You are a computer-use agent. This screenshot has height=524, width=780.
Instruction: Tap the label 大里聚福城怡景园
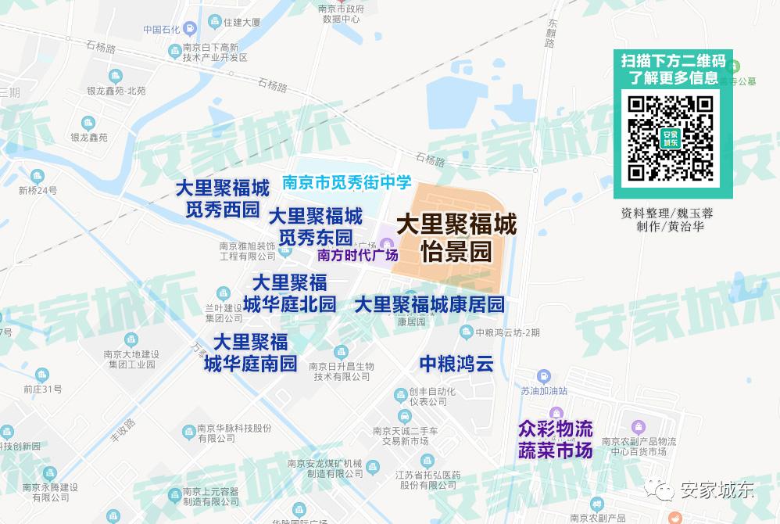(456, 238)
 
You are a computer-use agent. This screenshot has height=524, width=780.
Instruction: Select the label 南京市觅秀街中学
(346, 183)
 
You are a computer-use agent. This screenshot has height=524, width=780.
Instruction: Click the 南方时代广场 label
(358, 255)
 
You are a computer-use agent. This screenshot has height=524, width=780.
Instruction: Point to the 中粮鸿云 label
(457, 364)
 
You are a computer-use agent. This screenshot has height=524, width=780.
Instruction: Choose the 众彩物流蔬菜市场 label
(556, 440)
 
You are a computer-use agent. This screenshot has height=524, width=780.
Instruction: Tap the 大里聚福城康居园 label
(429, 304)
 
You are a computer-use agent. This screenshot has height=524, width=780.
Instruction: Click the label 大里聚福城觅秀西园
(222, 199)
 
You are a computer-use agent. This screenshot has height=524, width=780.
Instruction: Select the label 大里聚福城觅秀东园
(316, 226)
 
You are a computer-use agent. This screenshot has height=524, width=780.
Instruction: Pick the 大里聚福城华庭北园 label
(289, 293)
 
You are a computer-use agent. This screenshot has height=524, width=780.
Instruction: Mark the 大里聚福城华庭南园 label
(251, 353)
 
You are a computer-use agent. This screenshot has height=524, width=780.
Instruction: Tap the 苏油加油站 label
(544, 390)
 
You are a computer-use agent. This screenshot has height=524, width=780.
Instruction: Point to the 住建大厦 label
(242, 23)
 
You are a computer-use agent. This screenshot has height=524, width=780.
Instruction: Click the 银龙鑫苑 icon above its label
(88, 123)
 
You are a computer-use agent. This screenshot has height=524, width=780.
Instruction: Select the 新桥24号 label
(38, 190)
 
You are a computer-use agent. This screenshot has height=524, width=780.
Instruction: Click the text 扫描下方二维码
(673, 61)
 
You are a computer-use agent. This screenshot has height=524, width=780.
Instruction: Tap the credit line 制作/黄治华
(670, 227)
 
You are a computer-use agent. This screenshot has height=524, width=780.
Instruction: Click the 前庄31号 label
(42, 389)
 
